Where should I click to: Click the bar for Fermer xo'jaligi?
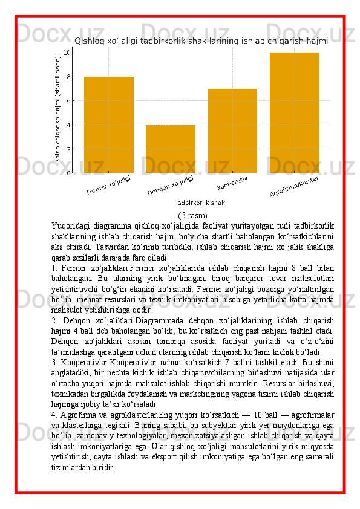pyautogui.click(x=109, y=125)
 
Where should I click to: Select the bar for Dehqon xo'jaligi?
pyautogui.click(x=171, y=149)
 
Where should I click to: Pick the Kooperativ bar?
pyautogui.click(x=232, y=131)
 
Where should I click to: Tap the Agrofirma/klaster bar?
pyautogui.click(x=295, y=112)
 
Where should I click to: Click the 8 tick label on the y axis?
pyautogui.click(x=68, y=77)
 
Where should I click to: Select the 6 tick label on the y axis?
pyautogui.click(x=68, y=101)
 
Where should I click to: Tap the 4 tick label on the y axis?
pyautogui.click(x=68, y=125)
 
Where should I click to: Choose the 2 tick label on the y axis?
pyautogui.click(x=68, y=149)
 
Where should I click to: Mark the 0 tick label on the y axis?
pyautogui.click(x=68, y=173)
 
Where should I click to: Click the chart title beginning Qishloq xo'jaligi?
pyautogui.click(x=201, y=41)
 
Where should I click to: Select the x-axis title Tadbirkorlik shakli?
pyautogui.click(x=201, y=203)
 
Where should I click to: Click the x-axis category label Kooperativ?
pyautogui.click(x=232, y=183)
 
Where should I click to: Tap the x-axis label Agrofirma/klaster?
pyautogui.click(x=294, y=187)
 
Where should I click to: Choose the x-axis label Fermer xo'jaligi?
pyautogui.click(x=109, y=185)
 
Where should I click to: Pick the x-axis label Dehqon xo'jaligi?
pyautogui.click(x=171, y=186)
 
